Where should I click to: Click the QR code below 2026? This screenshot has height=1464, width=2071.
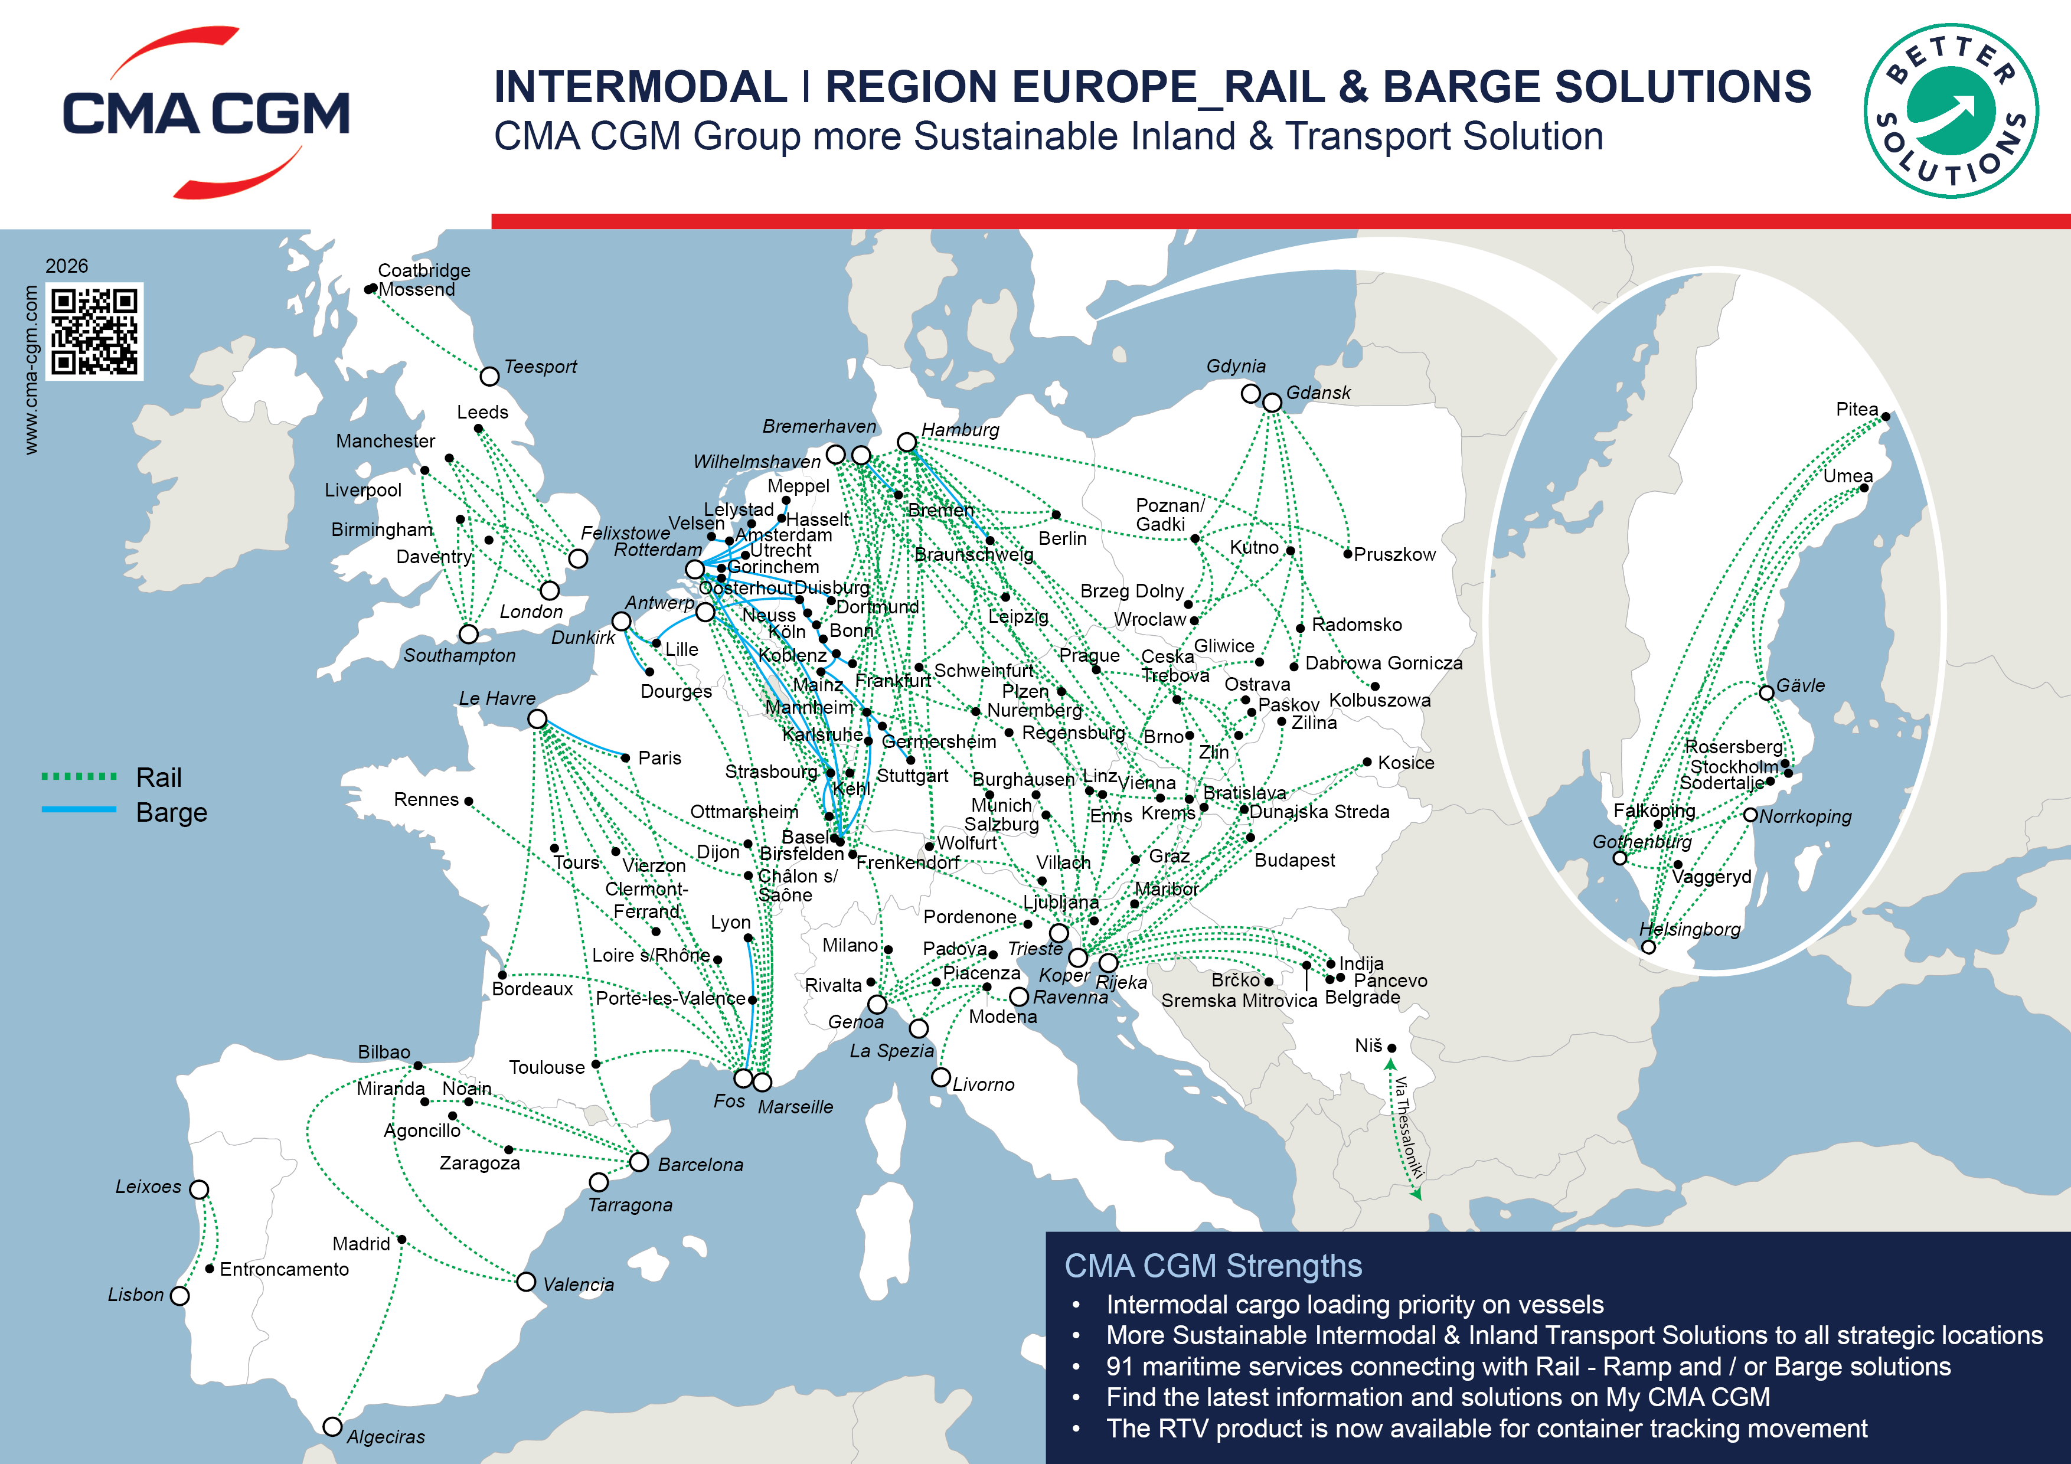pyautogui.click(x=94, y=331)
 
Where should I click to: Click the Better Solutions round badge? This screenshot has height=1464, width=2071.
pyautogui.click(x=1950, y=111)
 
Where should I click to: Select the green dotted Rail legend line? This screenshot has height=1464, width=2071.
pyautogui.click(x=79, y=776)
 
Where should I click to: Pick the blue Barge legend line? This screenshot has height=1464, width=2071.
pyautogui.click(x=79, y=810)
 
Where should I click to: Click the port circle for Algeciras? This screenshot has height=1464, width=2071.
pyautogui.click(x=332, y=1426)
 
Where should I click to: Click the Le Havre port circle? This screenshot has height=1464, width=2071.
pyautogui.click(x=538, y=719)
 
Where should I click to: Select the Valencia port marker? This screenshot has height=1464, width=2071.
pyautogui.click(x=526, y=1282)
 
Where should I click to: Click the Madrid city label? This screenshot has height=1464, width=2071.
pyautogui.click(x=361, y=1244)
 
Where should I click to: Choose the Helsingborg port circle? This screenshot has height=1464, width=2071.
pyautogui.click(x=1648, y=947)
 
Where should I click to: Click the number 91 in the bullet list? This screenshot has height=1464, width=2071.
pyautogui.click(x=1119, y=1367)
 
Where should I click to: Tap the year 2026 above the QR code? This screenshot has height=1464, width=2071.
pyautogui.click(x=67, y=266)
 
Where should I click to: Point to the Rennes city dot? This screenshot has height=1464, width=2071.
pyautogui.click(x=469, y=801)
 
